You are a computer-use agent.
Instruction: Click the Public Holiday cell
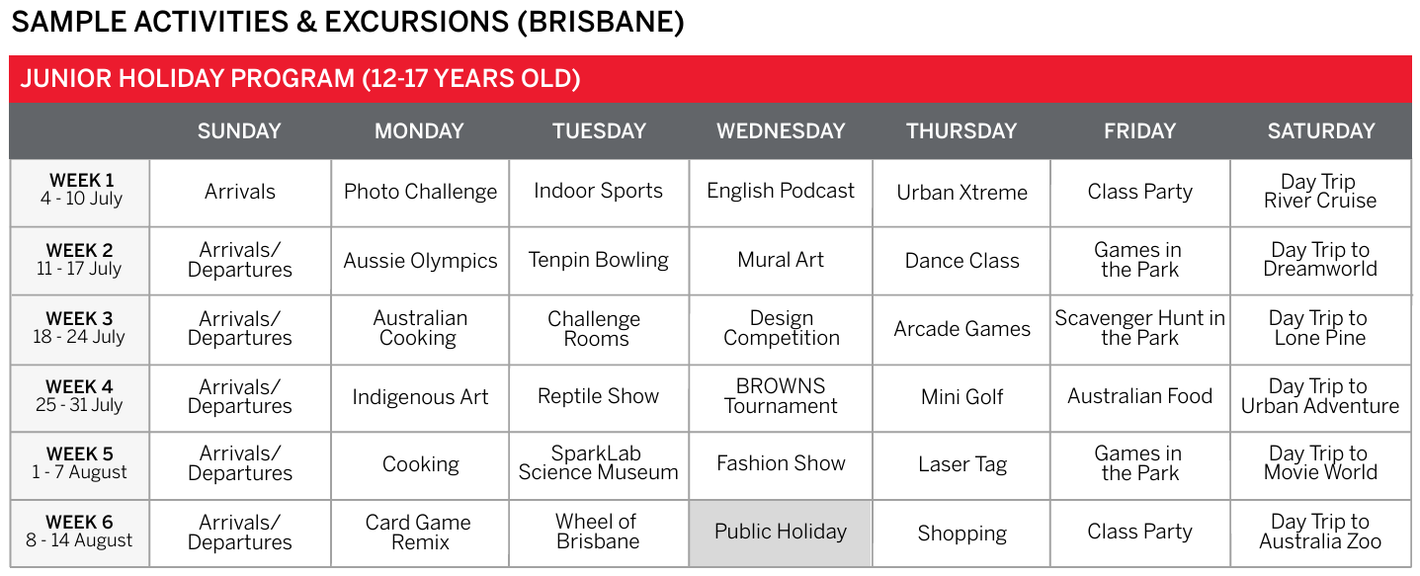pos(781,532)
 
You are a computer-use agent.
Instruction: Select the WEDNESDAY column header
pos(781,130)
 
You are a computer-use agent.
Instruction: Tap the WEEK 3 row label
pos(79,327)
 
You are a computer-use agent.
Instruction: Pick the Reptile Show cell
pos(598,396)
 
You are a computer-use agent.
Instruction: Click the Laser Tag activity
pos(961,464)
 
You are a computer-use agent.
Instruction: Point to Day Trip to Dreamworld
pos(1320,259)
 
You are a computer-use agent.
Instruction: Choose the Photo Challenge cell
pos(420,192)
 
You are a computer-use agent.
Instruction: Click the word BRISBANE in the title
pos(601,22)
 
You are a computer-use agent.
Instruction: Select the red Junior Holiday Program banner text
pos(299,79)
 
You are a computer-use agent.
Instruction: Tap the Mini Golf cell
pos(961,396)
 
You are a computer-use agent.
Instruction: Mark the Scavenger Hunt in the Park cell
pos(1139,328)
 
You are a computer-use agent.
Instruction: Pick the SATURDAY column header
pos(1321,130)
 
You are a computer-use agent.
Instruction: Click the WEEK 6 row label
pos(79,531)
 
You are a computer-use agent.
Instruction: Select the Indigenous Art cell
pos(420,397)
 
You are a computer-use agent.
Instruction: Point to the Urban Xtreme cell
pos(961,192)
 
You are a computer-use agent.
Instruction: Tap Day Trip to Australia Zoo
pos(1320,531)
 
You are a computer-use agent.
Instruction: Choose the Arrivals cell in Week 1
pos(239,192)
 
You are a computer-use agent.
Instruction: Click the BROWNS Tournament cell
pos(781,395)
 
